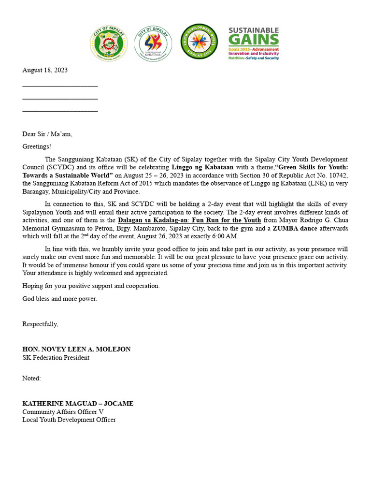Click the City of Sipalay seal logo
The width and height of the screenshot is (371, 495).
109,44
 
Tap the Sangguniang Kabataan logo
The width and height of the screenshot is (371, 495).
153,44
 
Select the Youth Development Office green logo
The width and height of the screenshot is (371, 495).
199,42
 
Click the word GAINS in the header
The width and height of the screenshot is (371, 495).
254,40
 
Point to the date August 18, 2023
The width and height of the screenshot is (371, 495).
45,70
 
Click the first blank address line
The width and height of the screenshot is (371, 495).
60,85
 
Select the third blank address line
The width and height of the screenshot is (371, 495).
60,111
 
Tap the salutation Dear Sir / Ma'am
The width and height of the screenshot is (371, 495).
47,134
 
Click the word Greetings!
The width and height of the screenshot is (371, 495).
37,146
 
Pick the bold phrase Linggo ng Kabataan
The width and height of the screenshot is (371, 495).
202,167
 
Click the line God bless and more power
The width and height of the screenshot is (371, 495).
59,299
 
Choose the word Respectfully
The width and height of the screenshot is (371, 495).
40,324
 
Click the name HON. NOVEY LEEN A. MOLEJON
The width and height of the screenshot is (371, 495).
76,349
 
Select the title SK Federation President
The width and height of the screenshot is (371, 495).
56,358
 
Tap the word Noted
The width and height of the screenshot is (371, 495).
31,379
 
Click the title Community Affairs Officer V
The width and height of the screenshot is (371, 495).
63,412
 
